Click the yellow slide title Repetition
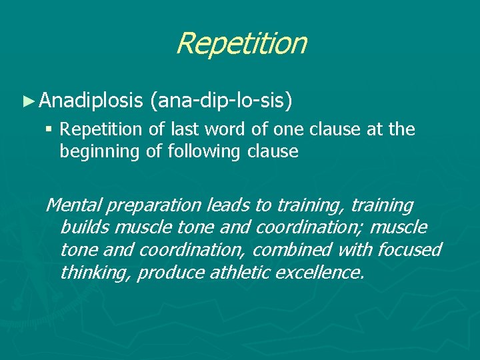[241, 43]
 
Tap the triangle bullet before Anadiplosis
[27, 101]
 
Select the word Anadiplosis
[91, 101]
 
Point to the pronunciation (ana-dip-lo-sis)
[221, 101]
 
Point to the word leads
[223, 205]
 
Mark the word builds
[85, 227]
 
